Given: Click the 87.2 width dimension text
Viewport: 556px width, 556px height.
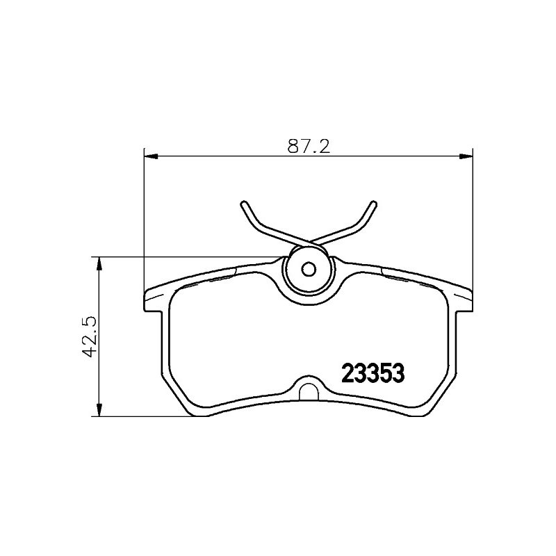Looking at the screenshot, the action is pos(309,146).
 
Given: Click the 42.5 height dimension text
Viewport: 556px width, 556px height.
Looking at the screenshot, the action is pos(89,336).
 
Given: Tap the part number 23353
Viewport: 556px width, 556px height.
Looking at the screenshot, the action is pos(373,373).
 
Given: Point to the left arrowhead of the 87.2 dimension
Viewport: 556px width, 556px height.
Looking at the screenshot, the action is pos(151,156).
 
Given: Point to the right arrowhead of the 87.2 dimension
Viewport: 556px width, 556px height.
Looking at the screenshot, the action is pos(466,156).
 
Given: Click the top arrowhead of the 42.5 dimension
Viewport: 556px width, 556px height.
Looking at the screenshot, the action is pos(99,263).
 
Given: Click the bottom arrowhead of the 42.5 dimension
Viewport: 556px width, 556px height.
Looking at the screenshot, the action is pos(99,409).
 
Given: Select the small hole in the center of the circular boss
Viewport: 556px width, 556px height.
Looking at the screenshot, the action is pos(309,270).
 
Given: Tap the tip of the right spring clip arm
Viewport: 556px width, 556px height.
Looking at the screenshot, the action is pos(374,204).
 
